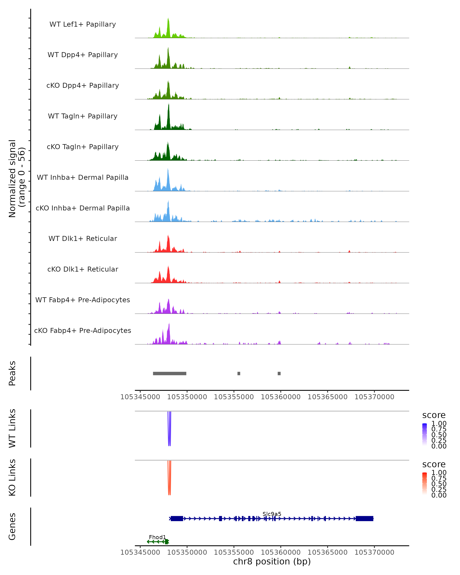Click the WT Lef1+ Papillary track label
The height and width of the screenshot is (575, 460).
83,24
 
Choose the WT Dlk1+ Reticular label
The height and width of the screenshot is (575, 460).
83,238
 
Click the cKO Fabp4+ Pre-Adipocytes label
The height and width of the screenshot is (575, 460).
83,330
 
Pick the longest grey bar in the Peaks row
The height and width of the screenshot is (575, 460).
170,373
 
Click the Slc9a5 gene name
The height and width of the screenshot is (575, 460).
272,514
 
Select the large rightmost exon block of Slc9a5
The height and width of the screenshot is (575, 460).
364,518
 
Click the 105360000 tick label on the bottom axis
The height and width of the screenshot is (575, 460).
281,552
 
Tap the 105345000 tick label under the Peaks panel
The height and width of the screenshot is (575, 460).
140,397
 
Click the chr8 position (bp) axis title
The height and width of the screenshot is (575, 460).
272,562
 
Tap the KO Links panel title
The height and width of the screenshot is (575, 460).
12,477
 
